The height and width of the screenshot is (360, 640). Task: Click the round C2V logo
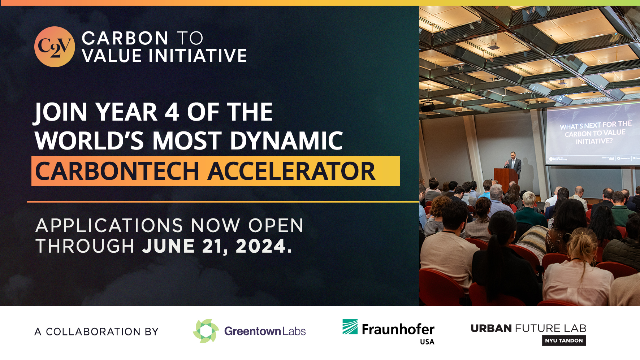[x=55, y=47]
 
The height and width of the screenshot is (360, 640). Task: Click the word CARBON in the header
[x=125, y=38]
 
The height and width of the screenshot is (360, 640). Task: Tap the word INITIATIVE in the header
[x=198, y=56]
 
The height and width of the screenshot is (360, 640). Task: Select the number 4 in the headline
[x=172, y=112]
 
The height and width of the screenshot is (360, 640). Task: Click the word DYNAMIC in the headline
[x=286, y=140]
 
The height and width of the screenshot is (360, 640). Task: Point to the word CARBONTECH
[x=117, y=171]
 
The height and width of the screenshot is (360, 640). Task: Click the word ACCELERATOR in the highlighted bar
[x=292, y=171]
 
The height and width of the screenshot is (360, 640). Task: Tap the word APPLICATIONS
[x=109, y=226]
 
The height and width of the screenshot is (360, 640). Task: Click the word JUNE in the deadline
[x=168, y=247]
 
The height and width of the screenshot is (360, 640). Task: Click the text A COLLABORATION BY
[x=96, y=331]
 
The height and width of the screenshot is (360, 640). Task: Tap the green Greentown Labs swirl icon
[x=206, y=331]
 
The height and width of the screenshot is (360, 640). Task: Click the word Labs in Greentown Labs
[x=294, y=331]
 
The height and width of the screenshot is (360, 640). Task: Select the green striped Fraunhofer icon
[x=350, y=326]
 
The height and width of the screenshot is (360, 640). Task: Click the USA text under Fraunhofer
[x=427, y=342]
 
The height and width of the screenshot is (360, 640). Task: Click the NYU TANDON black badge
[x=564, y=341]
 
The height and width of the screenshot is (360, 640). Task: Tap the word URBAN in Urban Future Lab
[x=491, y=328]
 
